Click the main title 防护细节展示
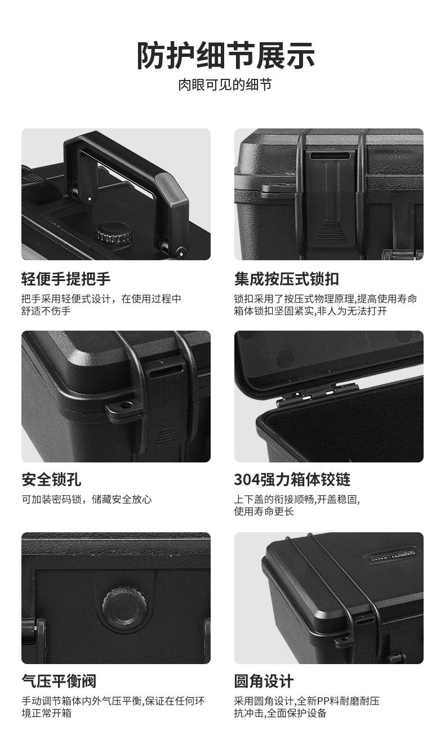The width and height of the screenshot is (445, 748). pos(225,56)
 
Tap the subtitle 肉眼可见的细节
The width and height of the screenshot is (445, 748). pos(225,84)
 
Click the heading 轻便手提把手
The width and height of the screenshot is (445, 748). pos(66,279)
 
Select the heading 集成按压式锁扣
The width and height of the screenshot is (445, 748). pos(286,279)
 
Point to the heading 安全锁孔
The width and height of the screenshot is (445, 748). pos(51,480)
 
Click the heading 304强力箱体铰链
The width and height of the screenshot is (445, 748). pos(292,480)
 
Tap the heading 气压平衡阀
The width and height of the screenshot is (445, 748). pos(59,681)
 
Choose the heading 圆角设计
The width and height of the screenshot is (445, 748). pos(264,681)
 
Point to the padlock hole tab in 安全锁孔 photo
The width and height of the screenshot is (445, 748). pos(123,407)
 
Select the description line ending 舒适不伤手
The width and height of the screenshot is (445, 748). pos(46,311)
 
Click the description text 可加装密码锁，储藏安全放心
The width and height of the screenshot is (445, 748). pos(87,500)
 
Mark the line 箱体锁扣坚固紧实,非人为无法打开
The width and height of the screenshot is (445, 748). pos(310,311)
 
